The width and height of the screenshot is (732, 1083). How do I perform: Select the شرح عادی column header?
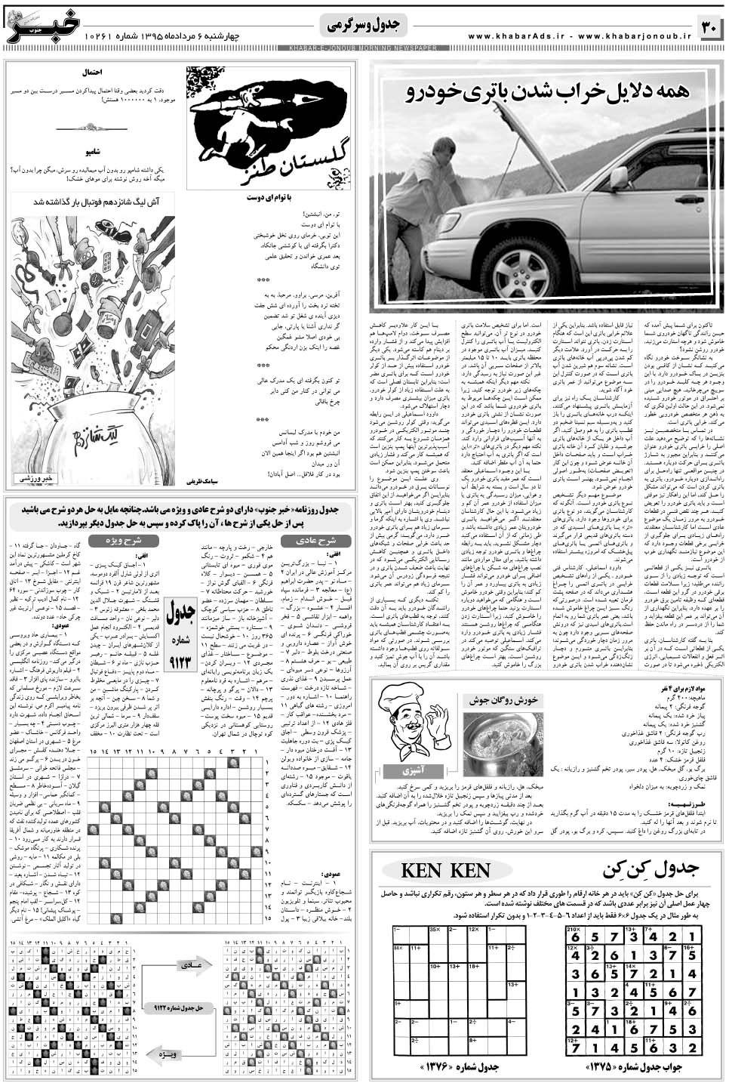(x=315, y=541)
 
